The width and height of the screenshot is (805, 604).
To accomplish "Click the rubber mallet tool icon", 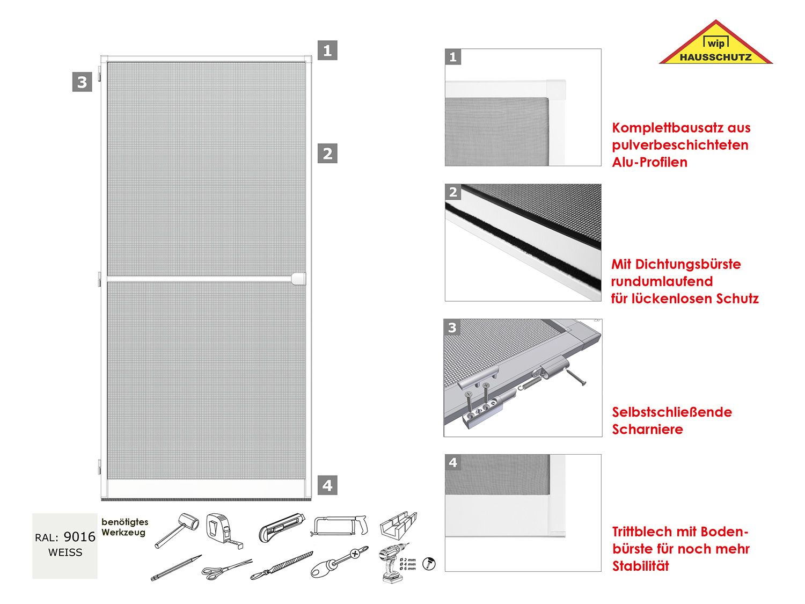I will (178, 529).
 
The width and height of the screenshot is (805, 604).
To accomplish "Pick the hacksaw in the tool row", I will (340, 525).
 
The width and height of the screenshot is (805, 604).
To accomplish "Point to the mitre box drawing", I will (398, 525).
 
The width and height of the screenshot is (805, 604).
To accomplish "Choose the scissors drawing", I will (226, 569).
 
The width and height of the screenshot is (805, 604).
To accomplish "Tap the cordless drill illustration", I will (392, 563).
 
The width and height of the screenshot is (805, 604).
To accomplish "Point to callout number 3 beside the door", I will (82, 82).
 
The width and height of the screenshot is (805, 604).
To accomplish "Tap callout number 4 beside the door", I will (327, 485).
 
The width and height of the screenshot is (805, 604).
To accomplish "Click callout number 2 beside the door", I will (327, 154).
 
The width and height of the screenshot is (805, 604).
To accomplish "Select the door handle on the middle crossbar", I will (298, 279).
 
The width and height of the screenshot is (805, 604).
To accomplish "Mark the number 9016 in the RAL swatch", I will (79, 537).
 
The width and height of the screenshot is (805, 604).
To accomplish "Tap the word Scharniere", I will (647, 430).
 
